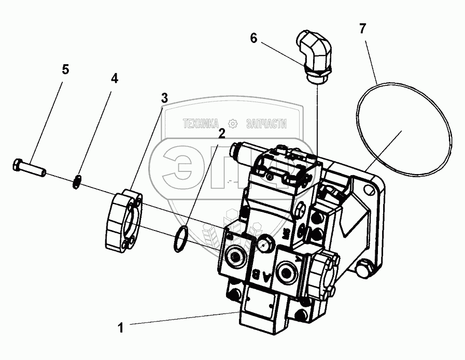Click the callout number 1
(120, 327)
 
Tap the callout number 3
(164, 97)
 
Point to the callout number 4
(114, 78)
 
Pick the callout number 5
(65, 69)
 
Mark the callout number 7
(362, 28)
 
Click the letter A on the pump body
(267, 276)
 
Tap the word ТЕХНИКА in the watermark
(200, 124)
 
